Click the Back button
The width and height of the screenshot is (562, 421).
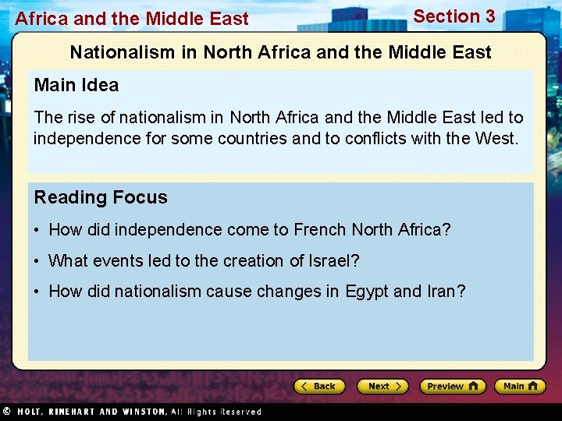coord(320,386)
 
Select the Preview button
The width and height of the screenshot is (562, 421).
coord(452,386)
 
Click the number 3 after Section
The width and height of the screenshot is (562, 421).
coord(489,16)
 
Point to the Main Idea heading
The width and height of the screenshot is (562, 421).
coord(76,85)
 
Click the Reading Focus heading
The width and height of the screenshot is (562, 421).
coord(101,197)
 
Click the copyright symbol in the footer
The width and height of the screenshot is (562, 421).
coord(6,411)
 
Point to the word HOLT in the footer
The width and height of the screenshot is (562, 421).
coord(31,411)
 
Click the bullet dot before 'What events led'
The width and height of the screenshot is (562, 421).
coord(37,261)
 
